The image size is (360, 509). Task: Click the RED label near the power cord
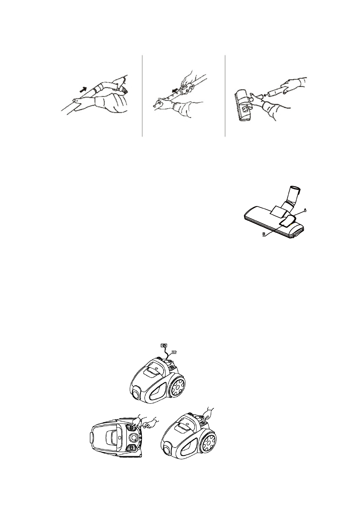pyautogui.click(x=174, y=352)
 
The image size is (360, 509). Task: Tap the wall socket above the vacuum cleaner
pyautogui.click(x=163, y=345)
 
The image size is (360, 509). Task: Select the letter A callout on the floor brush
pyautogui.click(x=305, y=209)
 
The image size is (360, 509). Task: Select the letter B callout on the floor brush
pyautogui.click(x=264, y=234)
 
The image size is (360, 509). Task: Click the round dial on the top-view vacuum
pyautogui.click(x=134, y=437)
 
